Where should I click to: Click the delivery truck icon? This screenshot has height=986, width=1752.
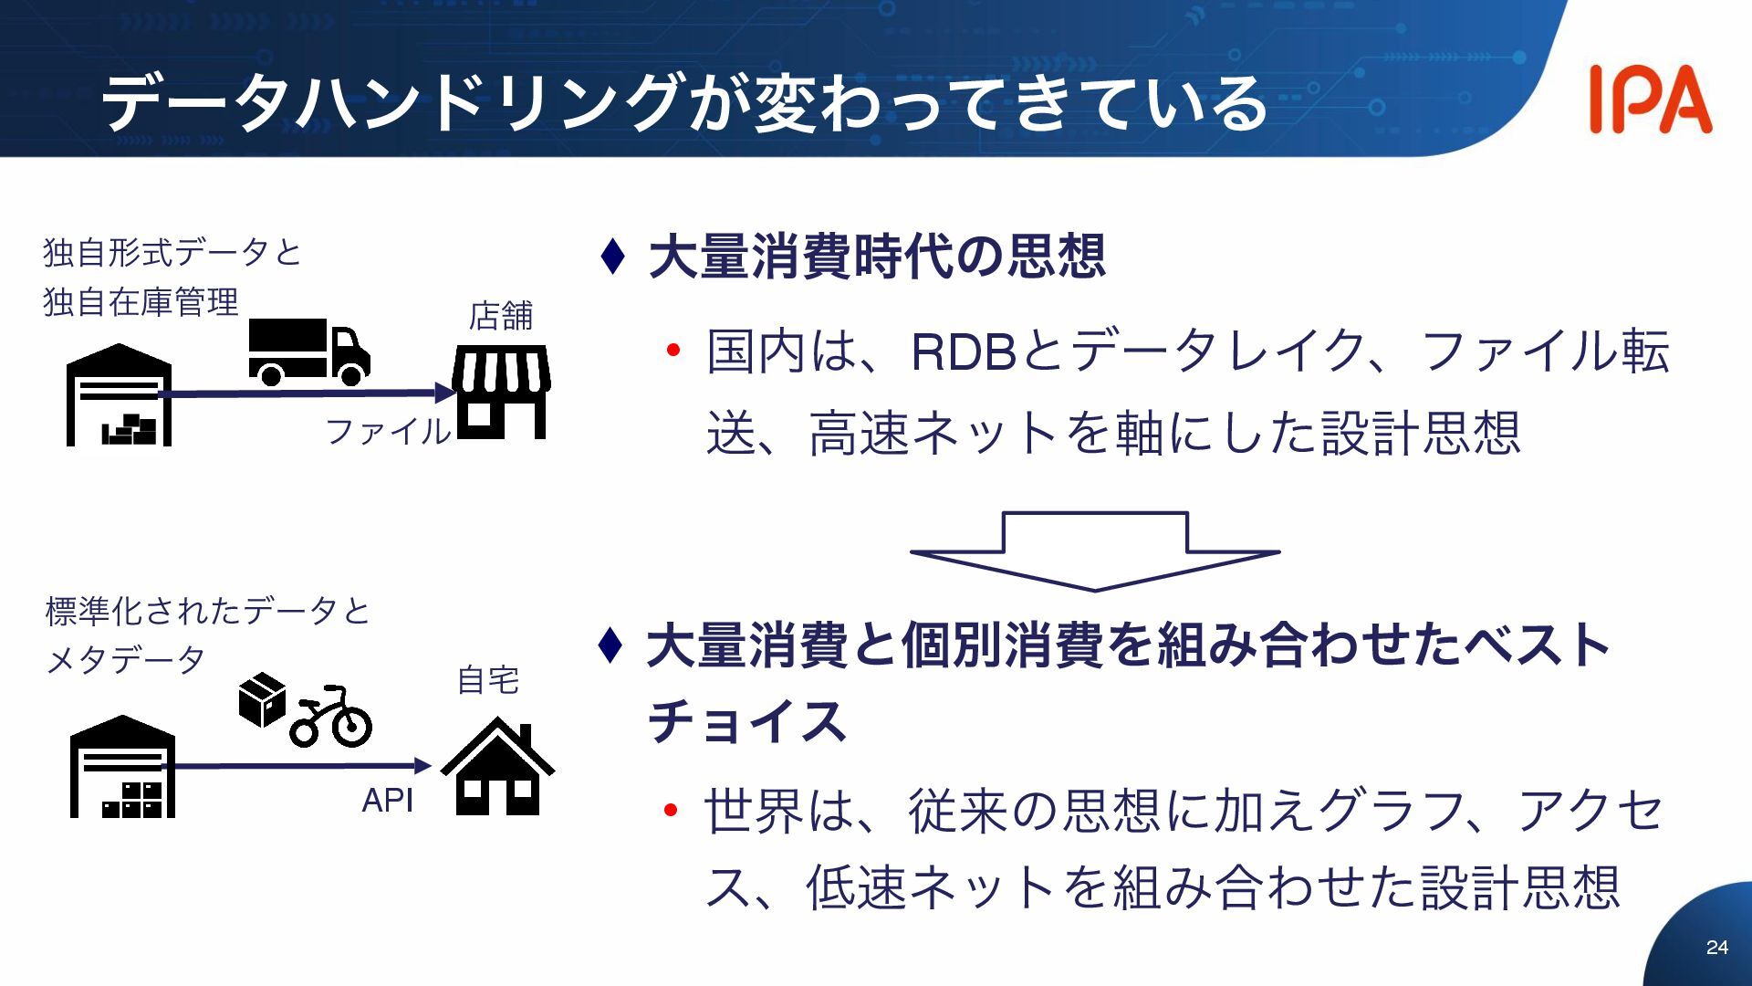[308, 351]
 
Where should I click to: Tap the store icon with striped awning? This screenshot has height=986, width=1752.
[501, 391]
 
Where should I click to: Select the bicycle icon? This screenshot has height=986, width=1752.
[331, 718]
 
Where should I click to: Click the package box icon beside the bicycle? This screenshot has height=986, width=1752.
[262, 699]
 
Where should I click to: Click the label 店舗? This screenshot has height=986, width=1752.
[500, 316]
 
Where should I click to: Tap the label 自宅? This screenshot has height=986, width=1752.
[487, 680]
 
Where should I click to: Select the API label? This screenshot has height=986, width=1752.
[387, 801]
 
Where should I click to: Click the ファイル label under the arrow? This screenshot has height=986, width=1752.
[388, 431]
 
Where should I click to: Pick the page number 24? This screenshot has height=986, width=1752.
[1716, 948]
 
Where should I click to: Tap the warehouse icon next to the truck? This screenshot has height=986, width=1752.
[119, 396]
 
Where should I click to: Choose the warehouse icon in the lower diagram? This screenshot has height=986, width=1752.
[122, 768]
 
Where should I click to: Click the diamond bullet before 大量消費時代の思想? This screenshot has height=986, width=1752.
[613, 257]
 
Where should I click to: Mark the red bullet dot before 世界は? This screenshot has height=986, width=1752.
[672, 810]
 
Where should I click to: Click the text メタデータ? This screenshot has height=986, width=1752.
[126, 660]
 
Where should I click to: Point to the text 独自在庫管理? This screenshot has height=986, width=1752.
[141, 302]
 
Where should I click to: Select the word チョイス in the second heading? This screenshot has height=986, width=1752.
[747, 721]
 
